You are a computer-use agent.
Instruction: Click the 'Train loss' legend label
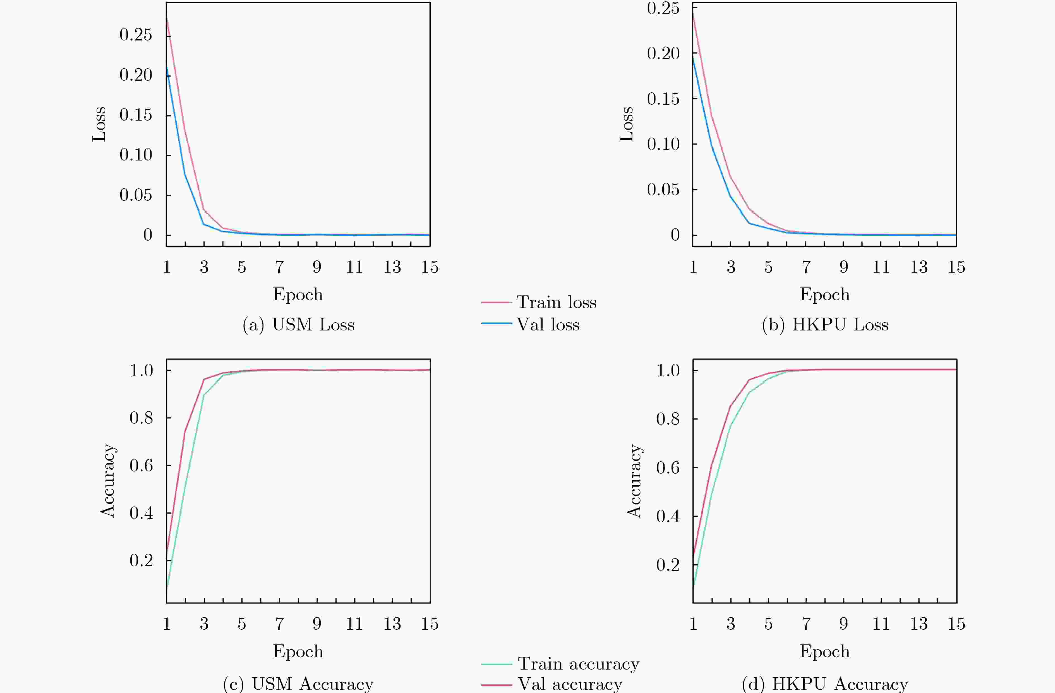pyautogui.click(x=556, y=302)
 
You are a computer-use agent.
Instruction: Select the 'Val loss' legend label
pyautogui.click(x=548, y=325)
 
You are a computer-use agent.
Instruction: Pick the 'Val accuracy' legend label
pyautogui.click(x=570, y=684)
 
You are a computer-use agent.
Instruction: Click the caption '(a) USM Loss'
pyautogui.click(x=298, y=325)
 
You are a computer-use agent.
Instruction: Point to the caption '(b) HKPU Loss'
pyautogui.click(x=825, y=325)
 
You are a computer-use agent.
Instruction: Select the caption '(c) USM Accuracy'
pyautogui.click(x=298, y=684)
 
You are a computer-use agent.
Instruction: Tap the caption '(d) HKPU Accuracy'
pyautogui.click(x=825, y=684)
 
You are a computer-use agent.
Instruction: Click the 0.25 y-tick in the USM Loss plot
pyautogui.click(x=136, y=35)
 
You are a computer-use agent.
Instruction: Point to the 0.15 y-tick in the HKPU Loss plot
pyautogui.click(x=663, y=99)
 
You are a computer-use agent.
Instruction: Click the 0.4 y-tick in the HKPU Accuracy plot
pyautogui.click(x=668, y=516)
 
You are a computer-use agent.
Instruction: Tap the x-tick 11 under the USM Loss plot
pyautogui.click(x=354, y=267)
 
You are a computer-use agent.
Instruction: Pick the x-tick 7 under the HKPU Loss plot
pyautogui.click(x=806, y=267)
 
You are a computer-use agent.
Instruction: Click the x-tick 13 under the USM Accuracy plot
pyautogui.click(x=392, y=624)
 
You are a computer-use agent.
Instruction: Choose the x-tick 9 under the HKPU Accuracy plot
pyautogui.click(x=843, y=624)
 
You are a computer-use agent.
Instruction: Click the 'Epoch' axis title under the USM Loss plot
pyautogui.click(x=298, y=294)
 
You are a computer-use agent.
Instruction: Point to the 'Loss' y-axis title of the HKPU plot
pyautogui.click(x=626, y=124)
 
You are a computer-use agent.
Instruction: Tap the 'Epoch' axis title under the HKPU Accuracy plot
pyautogui.click(x=824, y=651)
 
